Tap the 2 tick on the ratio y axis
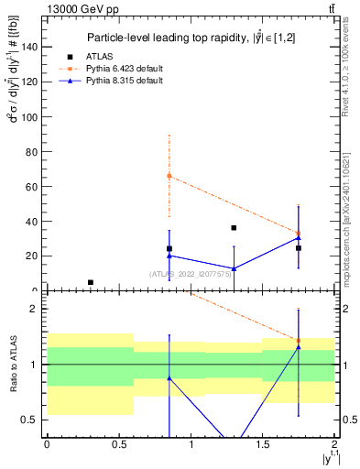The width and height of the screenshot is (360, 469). point(38,309)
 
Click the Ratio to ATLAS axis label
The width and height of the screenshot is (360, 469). point(13,364)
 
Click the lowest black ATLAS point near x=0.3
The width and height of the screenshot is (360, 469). point(90,282)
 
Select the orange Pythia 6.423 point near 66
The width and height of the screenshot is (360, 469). point(169,175)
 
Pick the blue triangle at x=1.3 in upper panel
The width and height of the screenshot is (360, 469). point(234,268)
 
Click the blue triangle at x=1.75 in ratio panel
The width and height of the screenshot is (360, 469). point(299,347)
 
